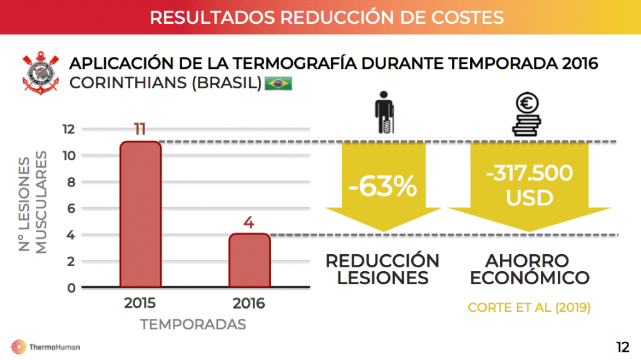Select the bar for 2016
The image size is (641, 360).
tap(249, 260)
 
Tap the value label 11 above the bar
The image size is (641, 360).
tap(140, 130)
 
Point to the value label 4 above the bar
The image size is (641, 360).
tap(249, 222)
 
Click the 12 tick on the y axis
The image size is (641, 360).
tap(69, 129)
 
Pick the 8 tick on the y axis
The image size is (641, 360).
tap(71, 182)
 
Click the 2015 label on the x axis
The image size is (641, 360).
tap(140, 304)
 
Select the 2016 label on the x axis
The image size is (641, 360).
tap(249, 304)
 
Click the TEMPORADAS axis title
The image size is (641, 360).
tap(193, 324)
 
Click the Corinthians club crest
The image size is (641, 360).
tap(39, 75)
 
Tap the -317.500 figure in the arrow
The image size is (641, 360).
tap(530, 173)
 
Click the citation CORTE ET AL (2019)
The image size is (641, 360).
tap(529, 307)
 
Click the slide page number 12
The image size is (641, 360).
tap(622, 347)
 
